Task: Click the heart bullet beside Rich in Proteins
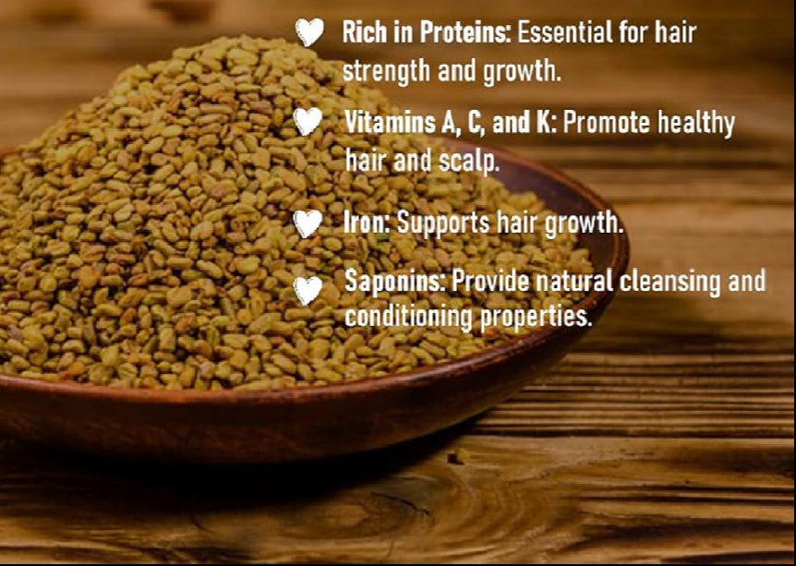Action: pyautogui.click(x=309, y=31)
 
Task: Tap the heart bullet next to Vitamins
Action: pyautogui.click(x=308, y=121)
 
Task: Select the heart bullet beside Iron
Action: pyautogui.click(x=308, y=223)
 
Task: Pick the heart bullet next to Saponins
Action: pyautogui.click(x=308, y=290)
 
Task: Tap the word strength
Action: pyautogui.click(x=386, y=72)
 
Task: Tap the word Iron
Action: pyautogui.click(x=367, y=223)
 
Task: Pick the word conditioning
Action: pyautogui.click(x=409, y=317)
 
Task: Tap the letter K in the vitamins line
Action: pyautogui.click(x=548, y=123)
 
